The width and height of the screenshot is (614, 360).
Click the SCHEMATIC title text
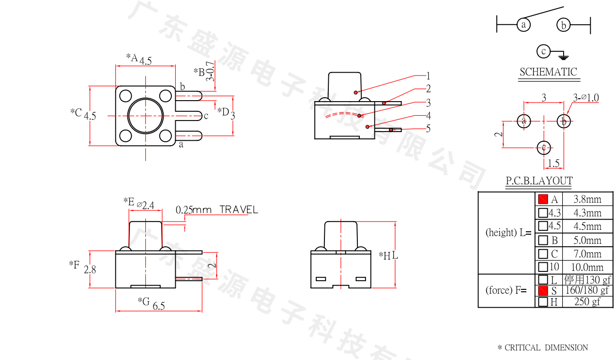(548, 72)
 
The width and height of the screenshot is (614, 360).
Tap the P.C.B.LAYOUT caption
(539, 181)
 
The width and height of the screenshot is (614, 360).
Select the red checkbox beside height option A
(543, 199)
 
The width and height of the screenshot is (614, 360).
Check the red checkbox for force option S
(543, 290)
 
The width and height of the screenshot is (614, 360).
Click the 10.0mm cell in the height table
(587, 267)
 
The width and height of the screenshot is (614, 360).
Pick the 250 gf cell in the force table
(587, 302)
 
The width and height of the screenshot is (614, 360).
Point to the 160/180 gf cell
(587, 290)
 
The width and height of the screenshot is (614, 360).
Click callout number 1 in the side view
(428, 76)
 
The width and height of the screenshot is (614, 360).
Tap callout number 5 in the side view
(428, 128)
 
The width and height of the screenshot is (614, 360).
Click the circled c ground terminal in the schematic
(544, 51)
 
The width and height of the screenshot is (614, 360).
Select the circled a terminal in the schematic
(523, 24)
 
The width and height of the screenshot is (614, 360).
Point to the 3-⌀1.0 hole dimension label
(585, 98)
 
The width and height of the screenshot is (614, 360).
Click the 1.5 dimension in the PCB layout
(553, 164)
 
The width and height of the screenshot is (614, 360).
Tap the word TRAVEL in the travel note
(239, 210)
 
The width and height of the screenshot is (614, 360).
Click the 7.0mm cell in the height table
(587, 254)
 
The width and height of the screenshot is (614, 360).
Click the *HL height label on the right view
(388, 255)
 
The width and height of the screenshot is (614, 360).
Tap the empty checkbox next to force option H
(543, 302)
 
